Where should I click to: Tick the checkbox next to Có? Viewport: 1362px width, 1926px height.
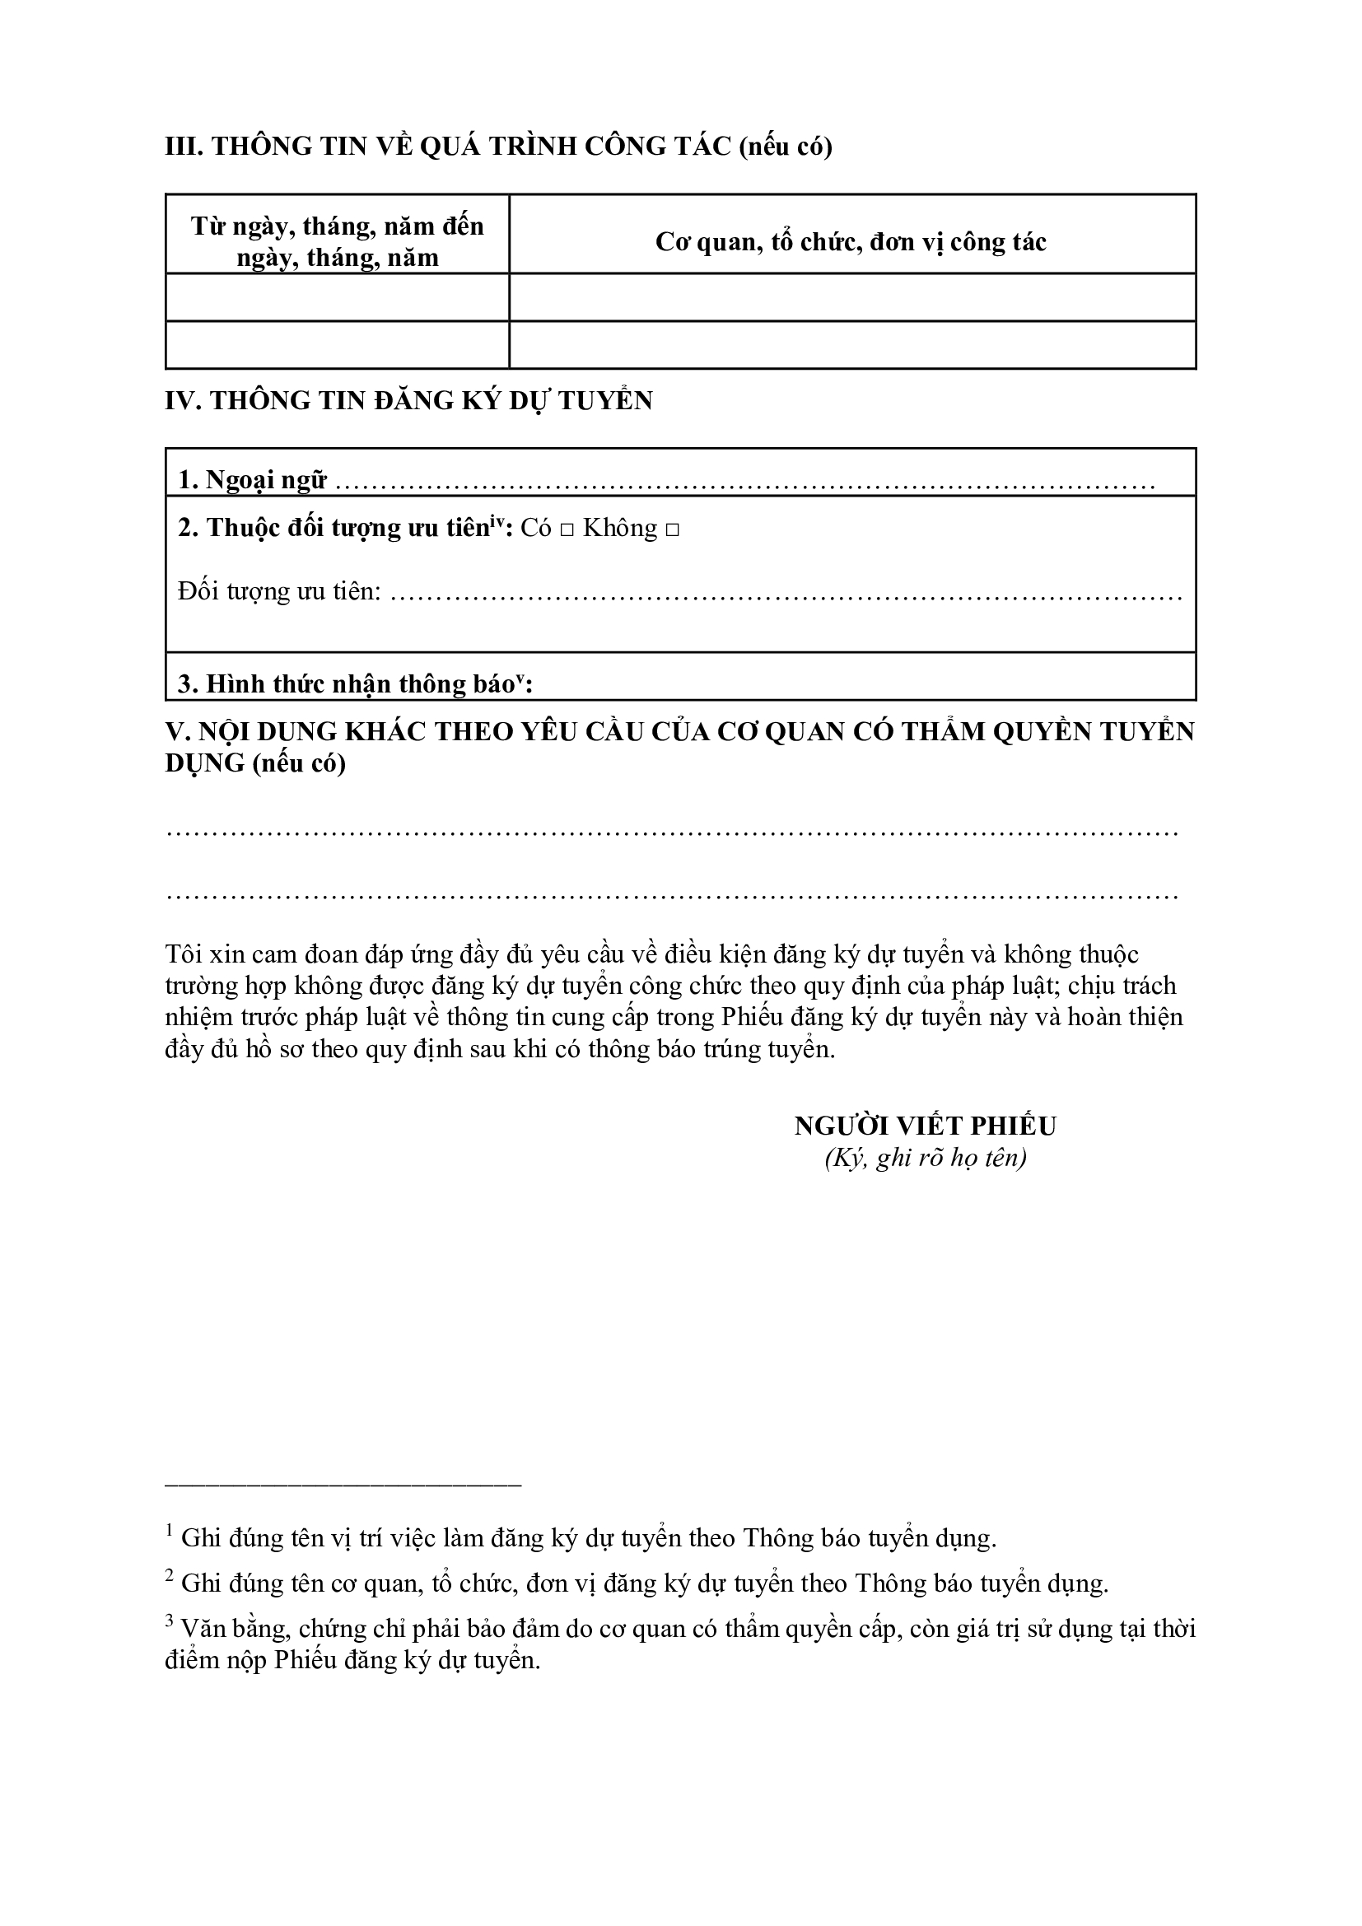pos(566,530)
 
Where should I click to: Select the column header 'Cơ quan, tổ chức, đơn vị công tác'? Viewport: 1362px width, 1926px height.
pos(851,242)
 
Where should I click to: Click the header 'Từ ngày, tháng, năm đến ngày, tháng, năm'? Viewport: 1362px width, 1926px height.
pos(337,241)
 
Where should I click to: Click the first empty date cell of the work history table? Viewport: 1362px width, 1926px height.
pos(337,297)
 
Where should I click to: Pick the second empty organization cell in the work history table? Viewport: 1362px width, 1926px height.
pos(851,345)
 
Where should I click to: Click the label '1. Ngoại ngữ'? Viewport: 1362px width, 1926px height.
pos(252,481)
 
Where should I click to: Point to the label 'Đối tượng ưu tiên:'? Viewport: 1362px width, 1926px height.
pos(280,591)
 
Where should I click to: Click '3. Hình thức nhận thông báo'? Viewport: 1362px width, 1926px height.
pos(346,684)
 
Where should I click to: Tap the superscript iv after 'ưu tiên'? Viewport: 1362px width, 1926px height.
pos(497,521)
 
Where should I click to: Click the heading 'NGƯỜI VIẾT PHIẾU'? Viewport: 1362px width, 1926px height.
pos(925,1126)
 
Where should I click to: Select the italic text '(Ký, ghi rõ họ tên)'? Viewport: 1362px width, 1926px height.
pos(925,1159)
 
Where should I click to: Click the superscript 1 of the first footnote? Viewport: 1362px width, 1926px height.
pos(170,1529)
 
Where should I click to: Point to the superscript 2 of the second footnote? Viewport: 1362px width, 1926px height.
pos(170,1574)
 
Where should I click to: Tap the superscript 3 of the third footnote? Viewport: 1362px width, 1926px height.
pos(170,1620)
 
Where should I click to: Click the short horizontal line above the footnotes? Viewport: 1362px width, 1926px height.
pos(343,1485)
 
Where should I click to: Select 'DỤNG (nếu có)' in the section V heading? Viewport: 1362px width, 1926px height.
pos(256,764)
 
